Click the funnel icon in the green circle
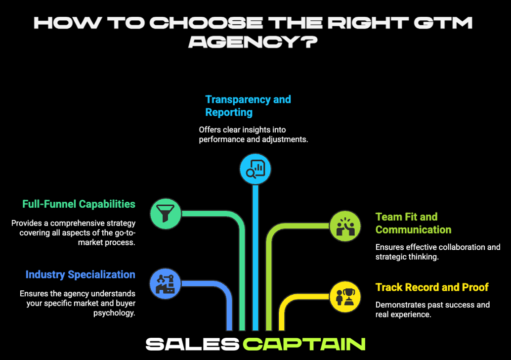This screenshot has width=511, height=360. (x=166, y=214)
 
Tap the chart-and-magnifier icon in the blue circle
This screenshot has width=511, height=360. (x=255, y=169)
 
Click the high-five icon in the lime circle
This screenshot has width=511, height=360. (x=345, y=225)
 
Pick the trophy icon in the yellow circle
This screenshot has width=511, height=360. (x=345, y=297)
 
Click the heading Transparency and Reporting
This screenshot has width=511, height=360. (x=248, y=106)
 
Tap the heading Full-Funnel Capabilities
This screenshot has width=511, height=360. (x=79, y=204)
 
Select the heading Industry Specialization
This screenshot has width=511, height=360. (x=80, y=274)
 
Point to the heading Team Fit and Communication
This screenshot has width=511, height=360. (x=413, y=223)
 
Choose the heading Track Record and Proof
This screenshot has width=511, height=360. (x=432, y=287)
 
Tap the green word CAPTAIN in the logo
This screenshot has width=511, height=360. (x=304, y=344)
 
